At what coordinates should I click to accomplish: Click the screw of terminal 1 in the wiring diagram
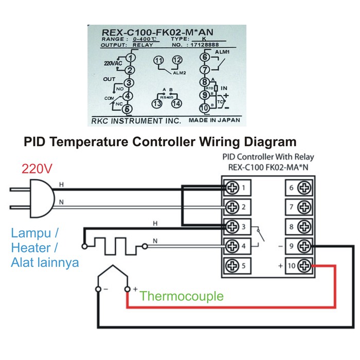[233, 188]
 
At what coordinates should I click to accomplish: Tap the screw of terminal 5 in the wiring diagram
[233, 266]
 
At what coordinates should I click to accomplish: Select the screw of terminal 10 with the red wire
[304, 266]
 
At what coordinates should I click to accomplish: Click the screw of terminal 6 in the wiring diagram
[304, 188]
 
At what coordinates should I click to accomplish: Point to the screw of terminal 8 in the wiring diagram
[304, 227]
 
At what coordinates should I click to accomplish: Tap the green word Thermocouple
[182, 296]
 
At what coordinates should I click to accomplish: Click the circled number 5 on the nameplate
[129, 109]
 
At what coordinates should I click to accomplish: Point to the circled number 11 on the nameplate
[159, 61]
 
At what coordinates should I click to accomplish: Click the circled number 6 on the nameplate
[205, 58]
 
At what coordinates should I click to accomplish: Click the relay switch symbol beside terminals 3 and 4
[262, 236]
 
